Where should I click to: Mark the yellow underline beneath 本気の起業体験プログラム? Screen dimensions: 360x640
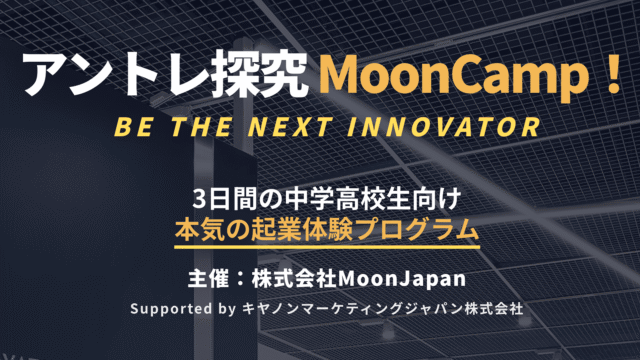(319, 243)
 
